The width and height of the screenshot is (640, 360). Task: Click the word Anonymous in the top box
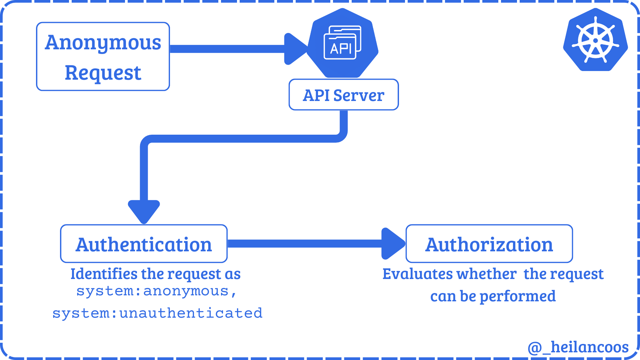coord(103,43)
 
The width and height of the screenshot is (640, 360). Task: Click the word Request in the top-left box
coord(103,73)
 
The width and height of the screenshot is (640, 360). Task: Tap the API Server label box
coord(343,95)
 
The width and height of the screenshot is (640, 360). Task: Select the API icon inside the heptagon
coord(342,43)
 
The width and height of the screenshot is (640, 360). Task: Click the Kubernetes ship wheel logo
coord(595,40)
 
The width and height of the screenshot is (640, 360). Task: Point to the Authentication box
coord(144,244)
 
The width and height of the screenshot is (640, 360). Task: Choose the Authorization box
coord(489,244)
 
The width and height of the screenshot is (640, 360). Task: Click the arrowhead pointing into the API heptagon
coord(295,49)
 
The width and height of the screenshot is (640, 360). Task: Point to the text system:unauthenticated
coord(157,313)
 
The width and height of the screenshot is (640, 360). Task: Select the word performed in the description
coord(517,296)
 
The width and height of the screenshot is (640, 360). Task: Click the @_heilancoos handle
coord(578,347)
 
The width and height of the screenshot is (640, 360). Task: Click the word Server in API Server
coord(359,95)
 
